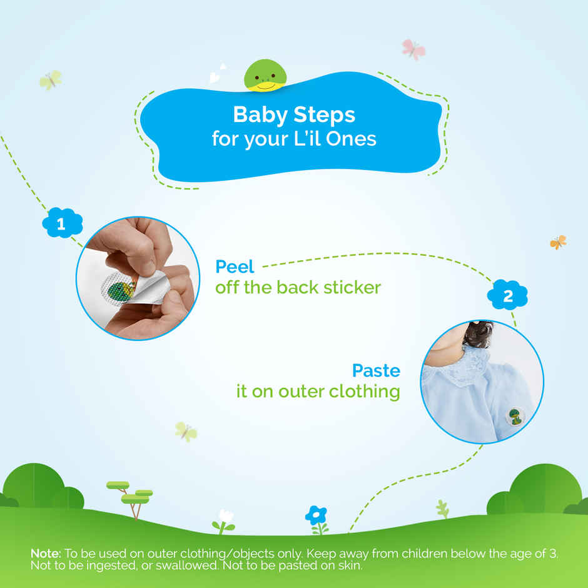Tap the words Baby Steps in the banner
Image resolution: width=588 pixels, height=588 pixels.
294,115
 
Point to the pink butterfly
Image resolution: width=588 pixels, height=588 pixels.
413,49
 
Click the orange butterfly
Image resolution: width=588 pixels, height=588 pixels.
558,242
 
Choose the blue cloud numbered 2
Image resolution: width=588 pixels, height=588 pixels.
507,296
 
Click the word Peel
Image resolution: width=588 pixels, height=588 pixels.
235,267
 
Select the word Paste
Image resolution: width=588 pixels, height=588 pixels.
376,370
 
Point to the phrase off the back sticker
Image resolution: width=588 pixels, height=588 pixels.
298,288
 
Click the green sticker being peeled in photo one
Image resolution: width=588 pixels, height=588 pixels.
119,290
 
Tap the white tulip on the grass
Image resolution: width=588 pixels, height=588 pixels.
224,519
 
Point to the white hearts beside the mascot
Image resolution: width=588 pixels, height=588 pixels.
217,75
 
